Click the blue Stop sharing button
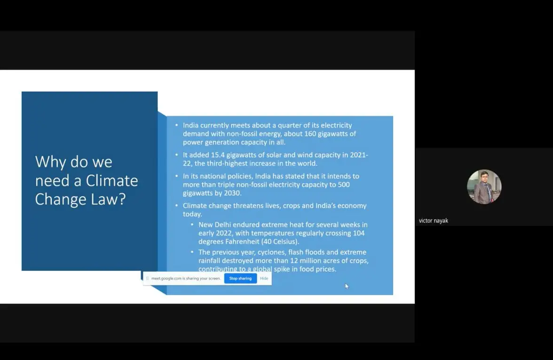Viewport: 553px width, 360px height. coord(241,278)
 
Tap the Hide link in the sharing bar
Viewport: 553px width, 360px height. coord(264,278)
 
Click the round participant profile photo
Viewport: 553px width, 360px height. coord(484,187)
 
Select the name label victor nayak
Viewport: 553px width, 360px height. coord(434,221)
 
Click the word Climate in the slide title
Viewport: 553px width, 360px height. coord(112,181)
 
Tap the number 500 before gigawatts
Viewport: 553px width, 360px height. coord(344,184)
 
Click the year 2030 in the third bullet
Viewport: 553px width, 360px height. coord(232,193)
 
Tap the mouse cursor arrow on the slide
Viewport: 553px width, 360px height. coord(347,286)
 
